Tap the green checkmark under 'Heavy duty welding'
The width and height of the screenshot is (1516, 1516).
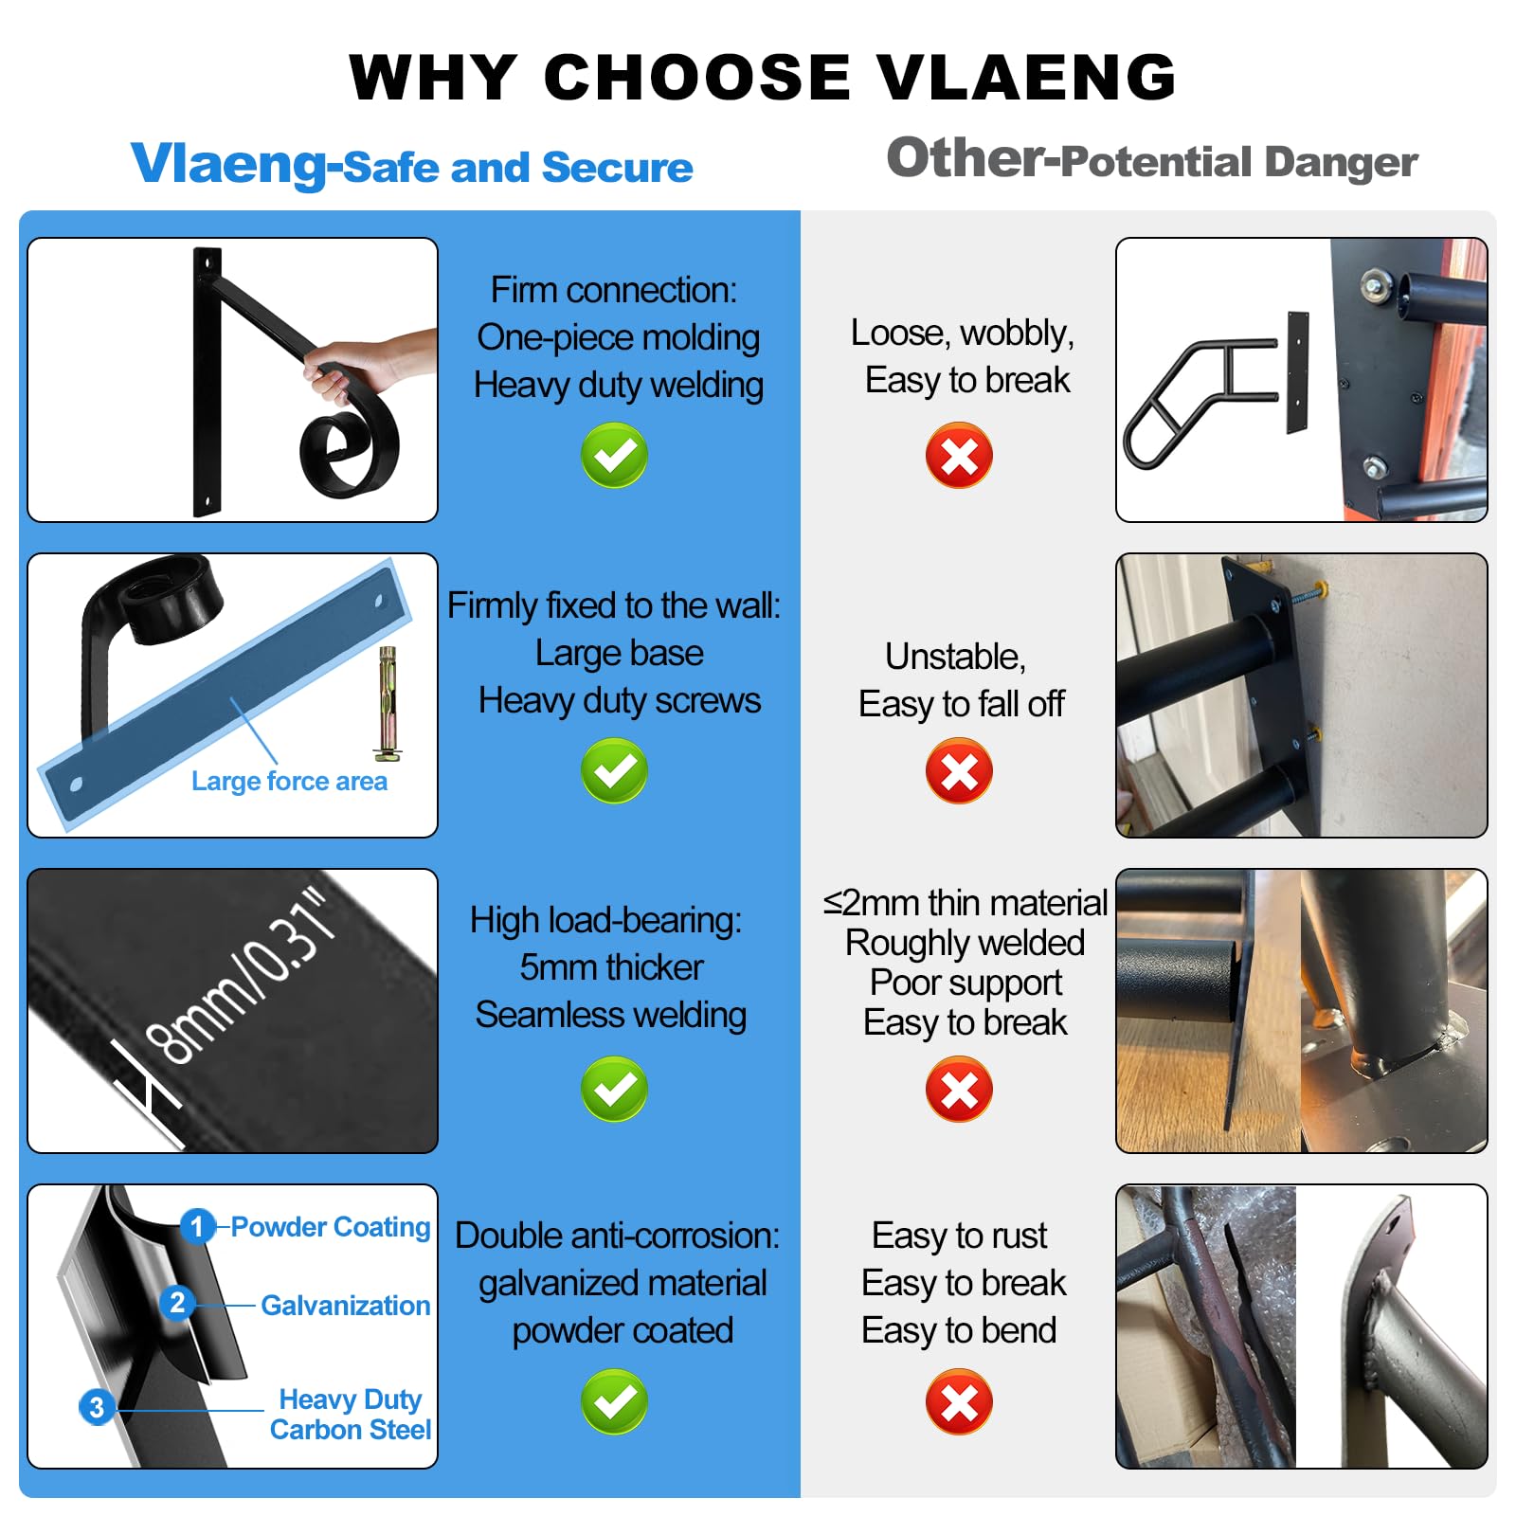pos(614,456)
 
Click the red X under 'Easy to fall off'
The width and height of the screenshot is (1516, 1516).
pos(959,771)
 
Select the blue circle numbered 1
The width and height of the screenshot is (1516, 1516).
pos(197,1227)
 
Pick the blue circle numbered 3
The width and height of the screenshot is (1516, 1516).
pos(96,1407)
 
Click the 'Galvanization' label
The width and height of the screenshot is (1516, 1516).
pos(345,1306)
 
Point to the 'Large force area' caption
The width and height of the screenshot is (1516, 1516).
pos(289,782)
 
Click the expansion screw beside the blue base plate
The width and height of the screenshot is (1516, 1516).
pos(388,704)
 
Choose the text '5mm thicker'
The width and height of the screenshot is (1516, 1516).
pos(611,967)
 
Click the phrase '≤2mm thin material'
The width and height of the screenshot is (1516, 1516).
pos(965,903)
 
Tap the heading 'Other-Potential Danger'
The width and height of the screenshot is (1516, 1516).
pos(1152,159)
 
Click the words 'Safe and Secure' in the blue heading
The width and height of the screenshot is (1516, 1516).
pos(517,168)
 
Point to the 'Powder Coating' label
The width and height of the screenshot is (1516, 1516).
pos(331,1227)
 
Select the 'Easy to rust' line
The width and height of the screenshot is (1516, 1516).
pos(959,1236)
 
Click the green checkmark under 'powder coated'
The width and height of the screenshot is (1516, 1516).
pos(614,1401)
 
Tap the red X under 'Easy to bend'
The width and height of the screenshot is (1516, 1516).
pos(959,1401)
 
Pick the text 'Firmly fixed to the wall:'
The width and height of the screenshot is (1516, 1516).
pos(614,605)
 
